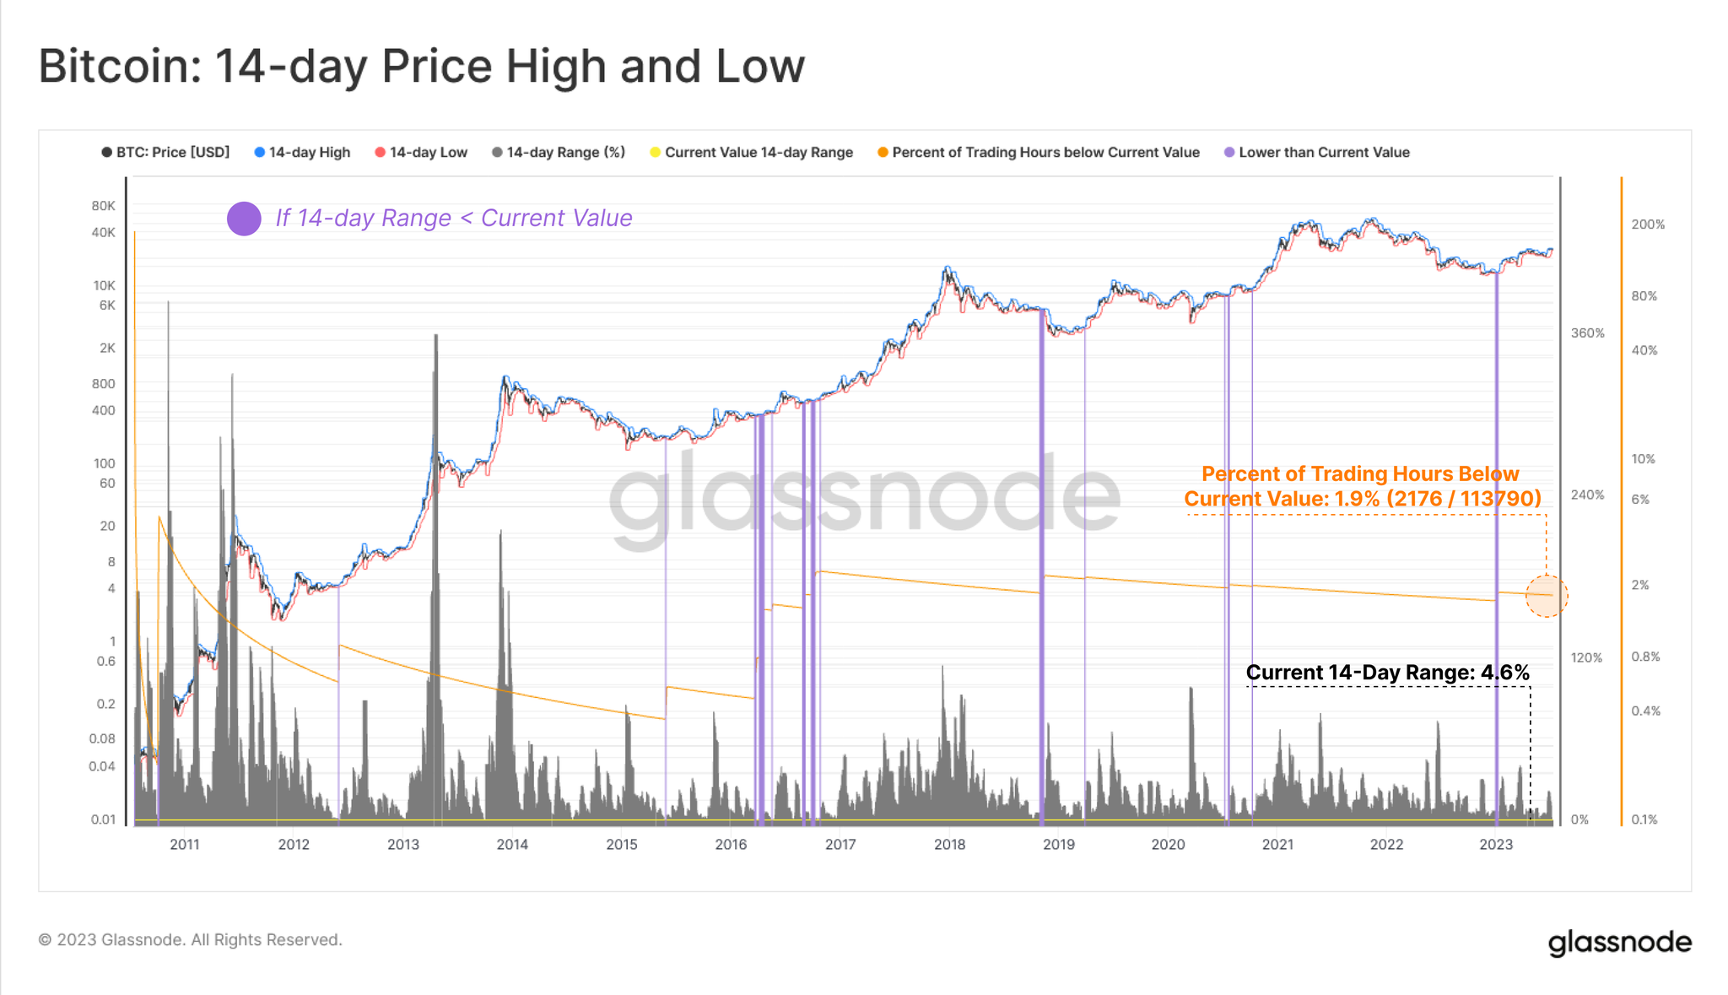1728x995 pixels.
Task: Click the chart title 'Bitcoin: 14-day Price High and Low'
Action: (421, 66)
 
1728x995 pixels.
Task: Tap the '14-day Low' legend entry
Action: (421, 153)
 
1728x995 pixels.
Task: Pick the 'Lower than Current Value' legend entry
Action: (1317, 153)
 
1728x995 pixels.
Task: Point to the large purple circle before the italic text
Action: (244, 219)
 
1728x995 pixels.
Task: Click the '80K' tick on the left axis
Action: (104, 206)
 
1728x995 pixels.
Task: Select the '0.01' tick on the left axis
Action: (103, 819)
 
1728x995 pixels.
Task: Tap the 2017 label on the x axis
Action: (840, 845)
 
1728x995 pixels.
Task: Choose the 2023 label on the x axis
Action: (1496, 845)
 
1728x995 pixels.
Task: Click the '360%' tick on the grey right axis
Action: (1587, 333)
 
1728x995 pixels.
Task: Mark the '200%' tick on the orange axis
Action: (1648, 224)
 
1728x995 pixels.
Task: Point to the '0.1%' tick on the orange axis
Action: (1644, 819)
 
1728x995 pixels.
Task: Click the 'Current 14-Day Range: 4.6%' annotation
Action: (1387, 673)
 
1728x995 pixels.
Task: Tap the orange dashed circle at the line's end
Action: (1547, 596)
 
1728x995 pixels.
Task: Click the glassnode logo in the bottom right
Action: (1619, 942)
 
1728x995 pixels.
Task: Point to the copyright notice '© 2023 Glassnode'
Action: (191, 940)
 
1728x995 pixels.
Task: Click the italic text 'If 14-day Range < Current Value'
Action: (454, 219)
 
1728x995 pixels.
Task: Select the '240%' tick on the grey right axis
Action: (1587, 495)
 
